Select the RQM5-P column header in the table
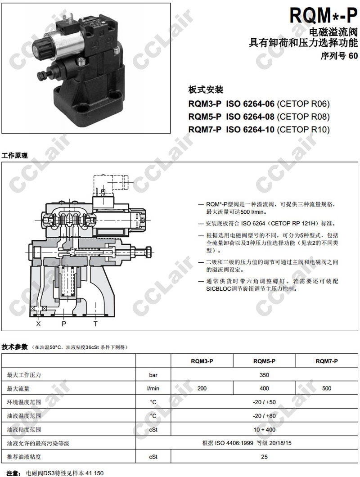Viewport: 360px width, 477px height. [264, 361]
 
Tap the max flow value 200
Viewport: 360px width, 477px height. [202, 388]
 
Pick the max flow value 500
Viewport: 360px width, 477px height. [327, 388]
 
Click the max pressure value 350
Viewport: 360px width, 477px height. [264, 375]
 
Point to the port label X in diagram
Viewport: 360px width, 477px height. [38, 324]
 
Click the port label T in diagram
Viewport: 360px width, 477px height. [95, 324]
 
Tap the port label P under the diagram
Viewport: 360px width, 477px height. [63, 324]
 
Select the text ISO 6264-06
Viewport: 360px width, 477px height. [250, 104]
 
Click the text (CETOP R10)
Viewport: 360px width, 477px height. [303, 130]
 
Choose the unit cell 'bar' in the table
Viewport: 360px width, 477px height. [153, 375]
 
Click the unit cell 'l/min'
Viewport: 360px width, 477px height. [153, 388]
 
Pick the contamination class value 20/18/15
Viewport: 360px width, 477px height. [279, 443]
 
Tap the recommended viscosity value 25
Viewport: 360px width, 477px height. [264, 457]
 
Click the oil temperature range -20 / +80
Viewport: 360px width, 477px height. [264, 416]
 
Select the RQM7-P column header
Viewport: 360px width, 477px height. [327, 361]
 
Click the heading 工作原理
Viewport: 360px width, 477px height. [14, 155]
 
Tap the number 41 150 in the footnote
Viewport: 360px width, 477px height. [94, 473]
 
